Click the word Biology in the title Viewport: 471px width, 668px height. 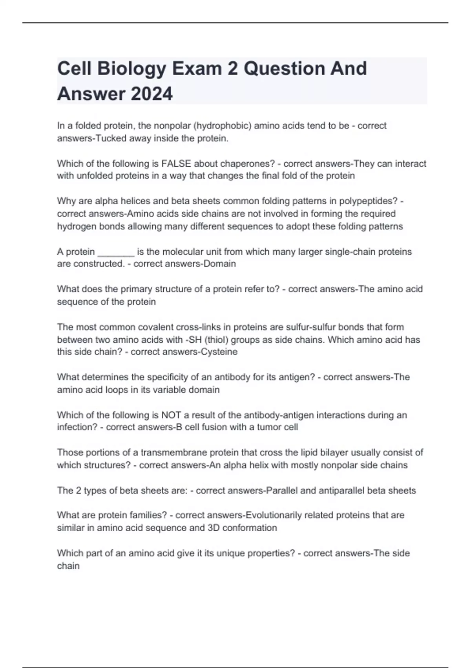[131, 69]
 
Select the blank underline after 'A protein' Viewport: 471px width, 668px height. [116, 252]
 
